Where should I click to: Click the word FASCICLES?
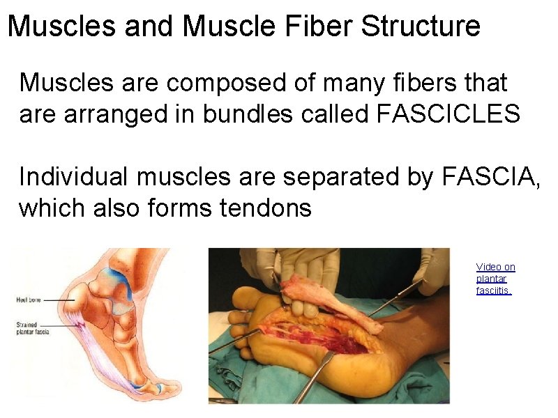pos(448,114)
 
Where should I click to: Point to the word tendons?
pos(266,208)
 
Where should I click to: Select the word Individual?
pos(73,177)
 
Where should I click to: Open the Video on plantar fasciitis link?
pos(495,279)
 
